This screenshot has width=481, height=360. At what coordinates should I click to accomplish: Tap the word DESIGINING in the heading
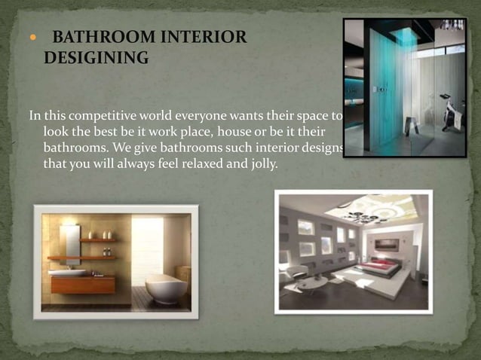[x=97, y=57]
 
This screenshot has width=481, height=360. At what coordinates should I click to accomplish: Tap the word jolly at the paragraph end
[x=262, y=164]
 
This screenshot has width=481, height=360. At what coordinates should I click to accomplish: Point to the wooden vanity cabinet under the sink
[x=83, y=285]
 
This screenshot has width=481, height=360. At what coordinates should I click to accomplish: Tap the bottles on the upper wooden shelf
[x=106, y=235]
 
